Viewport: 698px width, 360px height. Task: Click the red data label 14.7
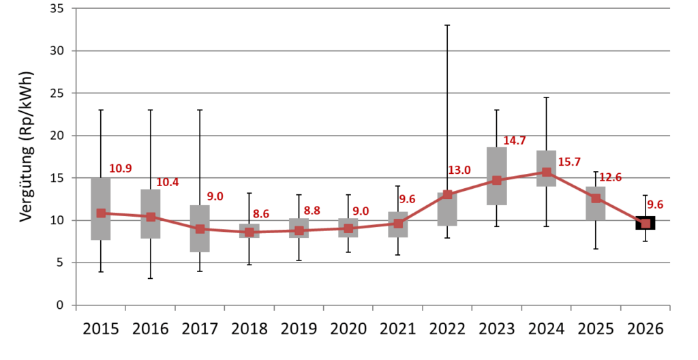click(x=515, y=140)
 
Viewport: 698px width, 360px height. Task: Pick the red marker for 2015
click(x=101, y=213)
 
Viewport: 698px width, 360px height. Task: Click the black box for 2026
click(x=646, y=223)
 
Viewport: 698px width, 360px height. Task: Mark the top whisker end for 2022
click(x=447, y=25)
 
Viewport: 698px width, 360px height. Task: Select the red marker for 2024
click(x=547, y=172)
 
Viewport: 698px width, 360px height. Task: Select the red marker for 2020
click(x=348, y=228)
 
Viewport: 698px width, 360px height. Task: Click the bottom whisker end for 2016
click(x=151, y=278)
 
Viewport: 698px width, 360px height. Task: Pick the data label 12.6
click(x=610, y=178)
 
